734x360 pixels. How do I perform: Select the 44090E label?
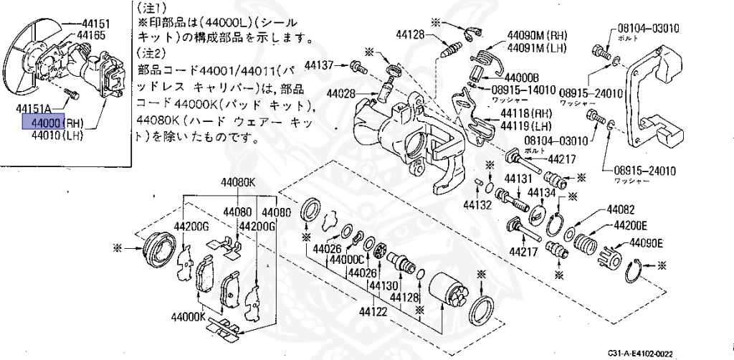coord(647,242)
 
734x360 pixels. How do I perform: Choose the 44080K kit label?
coord(237,182)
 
